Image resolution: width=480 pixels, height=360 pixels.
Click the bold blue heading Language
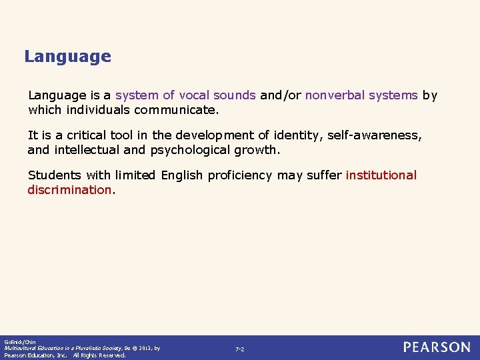pyautogui.click(x=67, y=57)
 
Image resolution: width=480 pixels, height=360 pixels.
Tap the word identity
pyautogui.click(x=296, y=135)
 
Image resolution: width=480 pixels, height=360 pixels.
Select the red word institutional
pyautogui.click(x=381, y=175)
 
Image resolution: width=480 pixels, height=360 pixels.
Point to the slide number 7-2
pyautogui.click(x=240, y=349)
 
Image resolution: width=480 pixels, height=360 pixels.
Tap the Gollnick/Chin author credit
pyautogui.click(x=15, y=341)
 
